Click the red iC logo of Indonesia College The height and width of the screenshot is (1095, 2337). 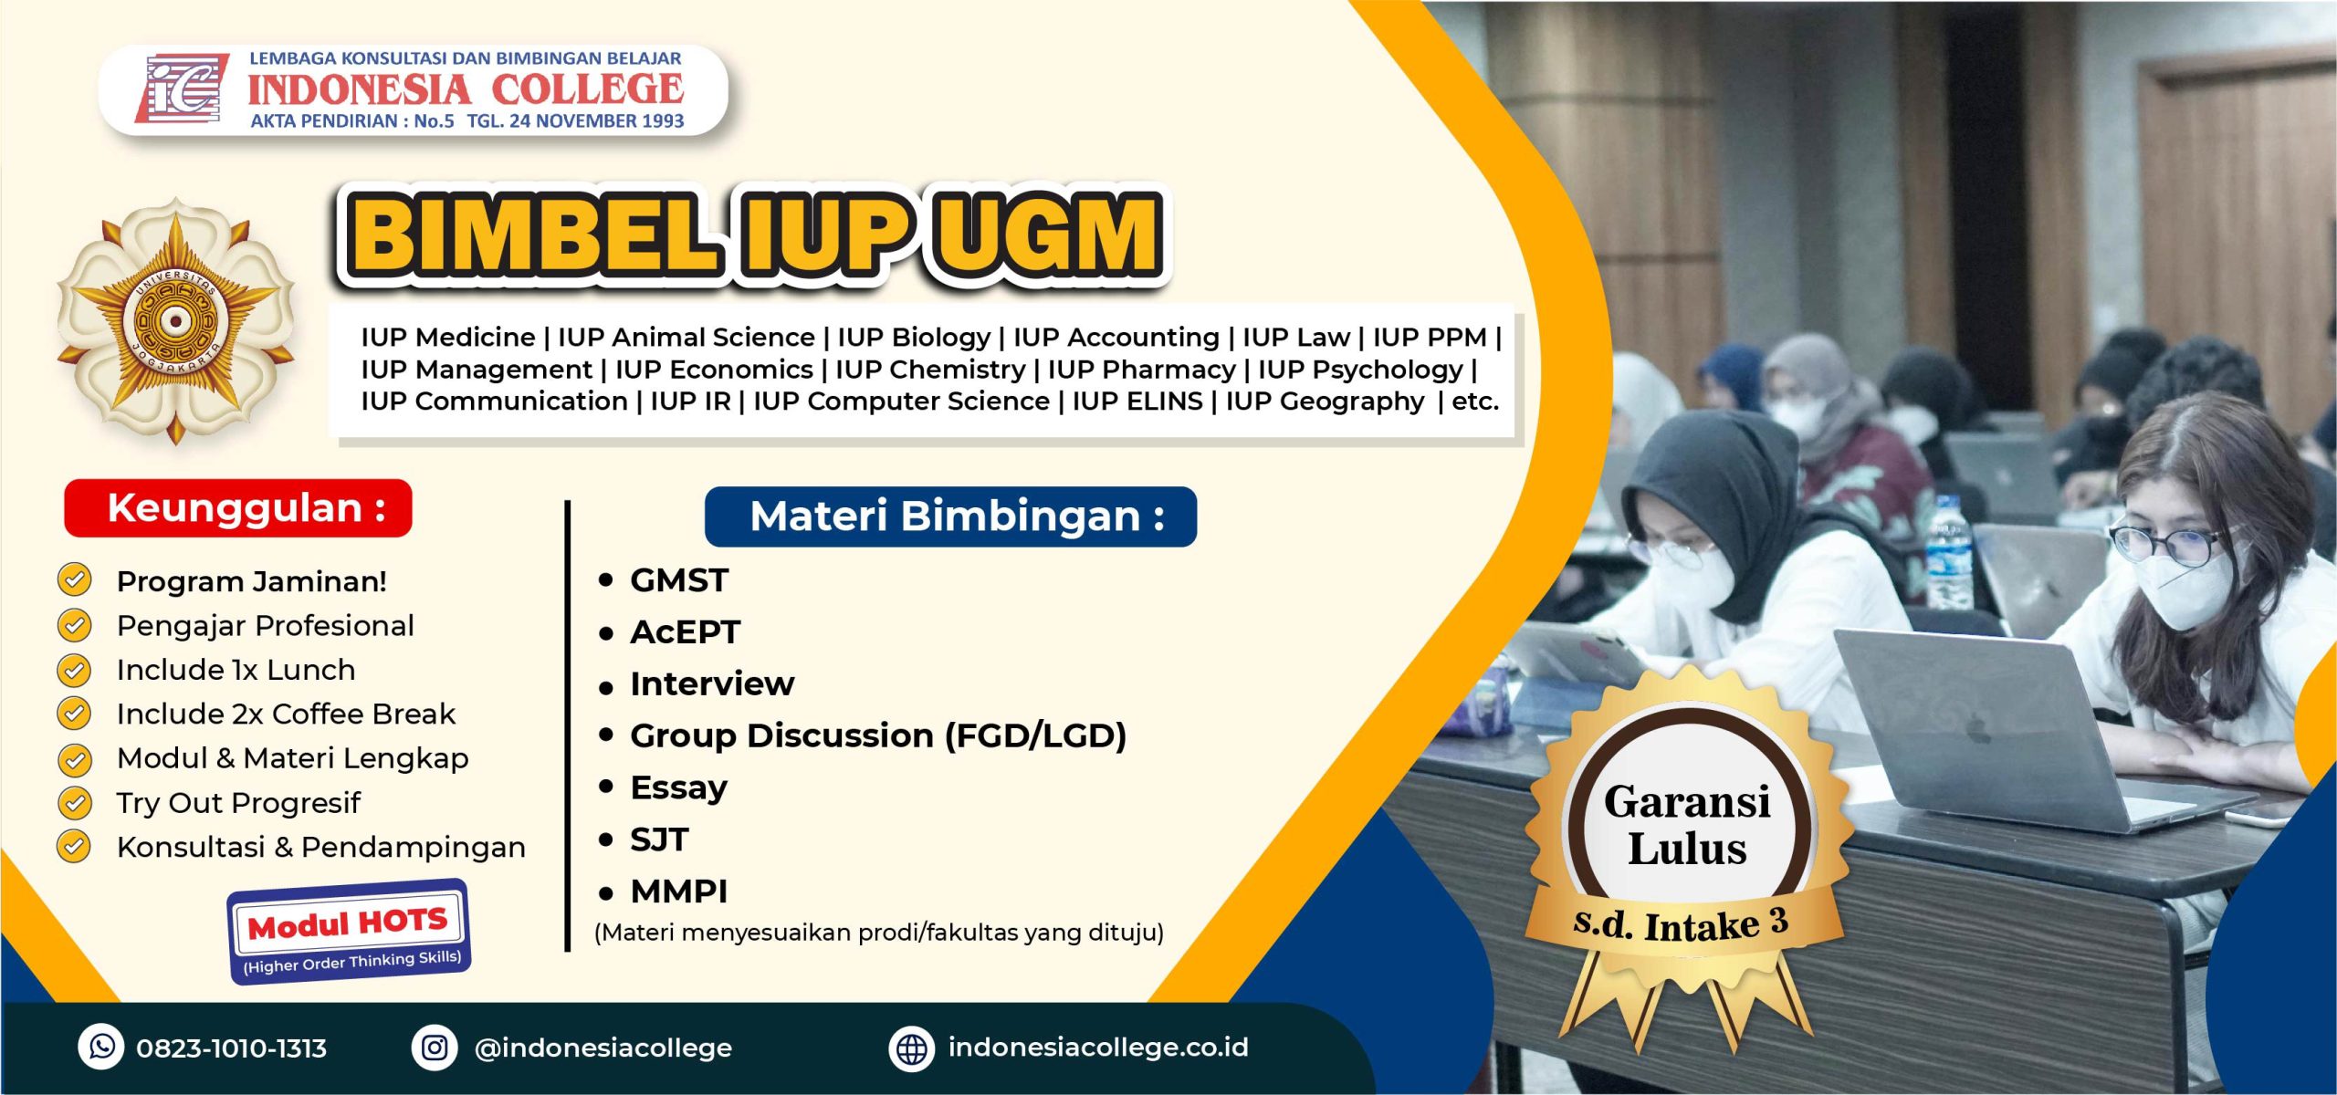coord(181,88)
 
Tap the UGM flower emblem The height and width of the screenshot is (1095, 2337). coord(175,321)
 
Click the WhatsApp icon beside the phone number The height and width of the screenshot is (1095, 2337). coord(101,1046)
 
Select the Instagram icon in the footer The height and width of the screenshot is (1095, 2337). coord(435,1047)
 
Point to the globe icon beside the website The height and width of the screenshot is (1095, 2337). coord(911,1048)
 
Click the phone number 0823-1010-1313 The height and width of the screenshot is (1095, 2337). coord(231,1048)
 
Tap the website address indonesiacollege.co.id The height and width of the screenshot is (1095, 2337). coord(1097,1047)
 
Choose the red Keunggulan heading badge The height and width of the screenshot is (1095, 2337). coord(238,508)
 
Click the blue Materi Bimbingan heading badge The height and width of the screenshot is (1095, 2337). coord(950,516)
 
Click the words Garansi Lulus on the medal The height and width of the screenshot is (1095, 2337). coord(1687,825)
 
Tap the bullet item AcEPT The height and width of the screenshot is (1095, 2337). coord(685,632)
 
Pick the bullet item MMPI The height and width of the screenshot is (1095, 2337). coord(678,892)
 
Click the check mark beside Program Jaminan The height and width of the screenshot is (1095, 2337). coord(74,579)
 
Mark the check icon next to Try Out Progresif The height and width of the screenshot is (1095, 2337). coord(74,802)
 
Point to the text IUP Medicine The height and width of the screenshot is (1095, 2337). coord(447,338)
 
